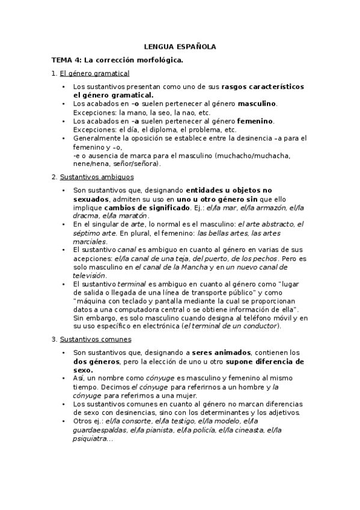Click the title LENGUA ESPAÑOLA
pyautogui.click(x=180, y=46)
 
